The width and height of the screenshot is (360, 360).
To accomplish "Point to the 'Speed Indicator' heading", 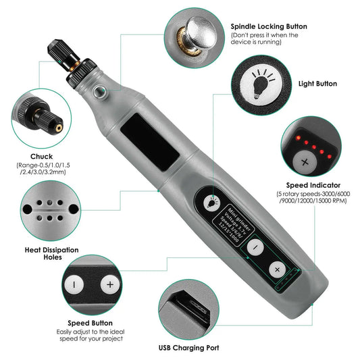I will (312, 184).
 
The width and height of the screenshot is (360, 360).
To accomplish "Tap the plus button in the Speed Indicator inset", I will (305, 162).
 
